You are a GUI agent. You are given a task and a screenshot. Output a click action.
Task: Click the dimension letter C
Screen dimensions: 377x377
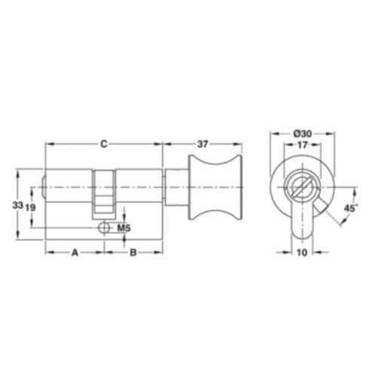[104, 144]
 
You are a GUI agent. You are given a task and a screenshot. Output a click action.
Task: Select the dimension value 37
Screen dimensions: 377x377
[203, 144]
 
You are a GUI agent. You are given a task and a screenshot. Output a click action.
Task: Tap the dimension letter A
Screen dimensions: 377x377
[75, 253]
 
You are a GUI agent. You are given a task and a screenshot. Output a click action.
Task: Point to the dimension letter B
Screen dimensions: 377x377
[133, 253]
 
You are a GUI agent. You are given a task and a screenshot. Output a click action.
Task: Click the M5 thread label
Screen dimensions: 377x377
[124, 228]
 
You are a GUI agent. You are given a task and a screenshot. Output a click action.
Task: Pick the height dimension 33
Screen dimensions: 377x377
[17, 205]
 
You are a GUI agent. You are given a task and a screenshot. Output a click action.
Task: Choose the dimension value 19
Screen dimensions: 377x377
[30, 207]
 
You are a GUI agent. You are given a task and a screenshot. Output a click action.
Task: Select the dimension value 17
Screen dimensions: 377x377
[302, 145]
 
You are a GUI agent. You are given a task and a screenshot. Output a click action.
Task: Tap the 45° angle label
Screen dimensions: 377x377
[351, 208]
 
